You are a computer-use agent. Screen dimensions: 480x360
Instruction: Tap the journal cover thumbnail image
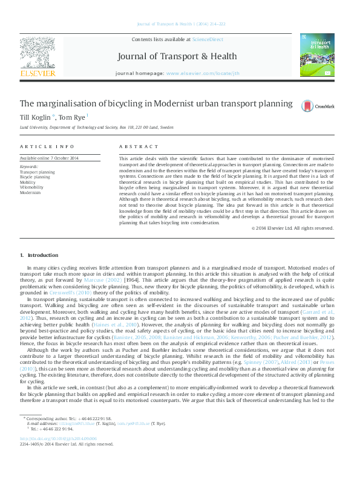(316, 55)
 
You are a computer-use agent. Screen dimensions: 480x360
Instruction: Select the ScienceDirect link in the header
(208, 39)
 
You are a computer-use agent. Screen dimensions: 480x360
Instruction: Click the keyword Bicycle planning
(35, 176)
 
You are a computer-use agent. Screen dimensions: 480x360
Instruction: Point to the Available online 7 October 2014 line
(50, 158)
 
